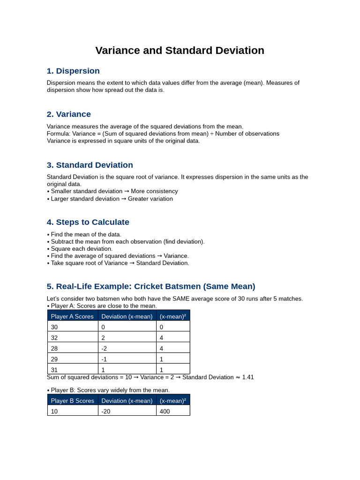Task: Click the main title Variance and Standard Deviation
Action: [x=180, y=51]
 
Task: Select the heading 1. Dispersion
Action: [x=73, y=71]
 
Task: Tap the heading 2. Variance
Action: [x=68, y=114]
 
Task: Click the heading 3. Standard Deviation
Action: [x=90, y=165]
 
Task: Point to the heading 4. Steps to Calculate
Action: [x=88, y=222]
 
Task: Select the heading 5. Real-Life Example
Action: [x=151, y=286]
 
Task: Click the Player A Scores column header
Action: [x=72, y=316]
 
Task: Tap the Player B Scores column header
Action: [x=72, y=401]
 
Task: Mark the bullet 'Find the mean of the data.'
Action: [x=86, y=234]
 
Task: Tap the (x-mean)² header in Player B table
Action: [x=172, y=401]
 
